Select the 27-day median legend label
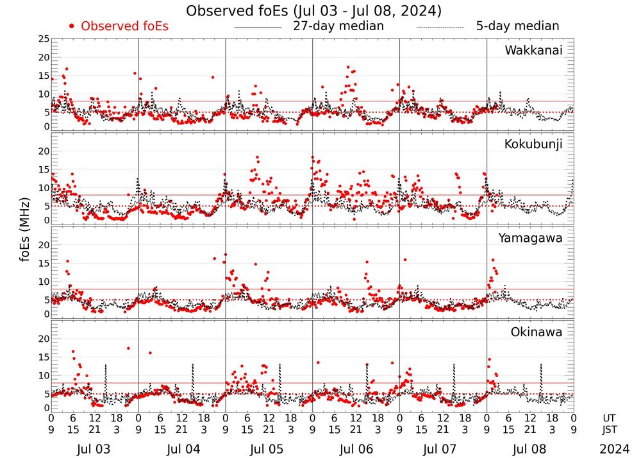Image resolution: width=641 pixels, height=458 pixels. (x=338, y=26)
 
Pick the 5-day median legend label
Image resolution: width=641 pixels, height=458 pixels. (x=517, y=26)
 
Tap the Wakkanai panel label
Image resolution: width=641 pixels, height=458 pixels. (x=533, y=50)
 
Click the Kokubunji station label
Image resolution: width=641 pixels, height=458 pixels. (x=533, y=144)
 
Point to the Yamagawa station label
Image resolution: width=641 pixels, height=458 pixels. (x=530, y=238)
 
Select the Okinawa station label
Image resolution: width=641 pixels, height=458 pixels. (x=537, y=332)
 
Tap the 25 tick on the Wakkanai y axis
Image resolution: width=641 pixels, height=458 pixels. (x=44, y=39)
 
